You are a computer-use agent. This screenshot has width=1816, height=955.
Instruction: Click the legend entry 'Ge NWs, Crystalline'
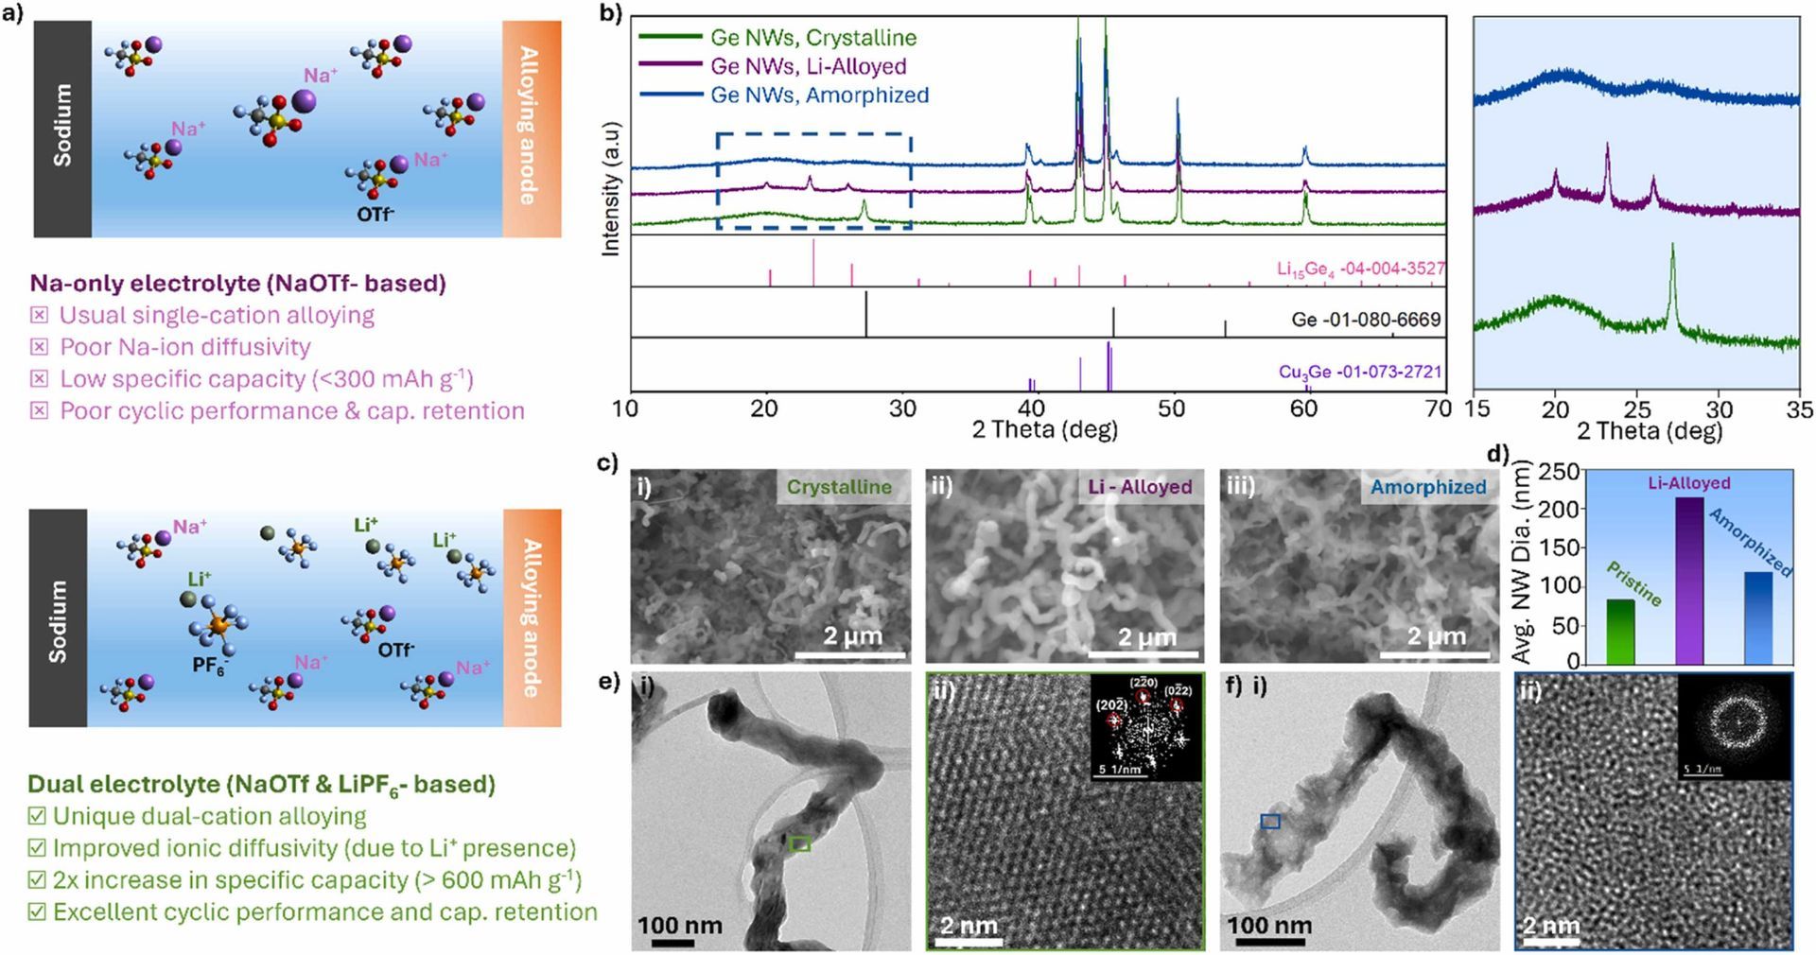(813, 38)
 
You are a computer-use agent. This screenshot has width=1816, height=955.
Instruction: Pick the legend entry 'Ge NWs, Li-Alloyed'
(808, 66)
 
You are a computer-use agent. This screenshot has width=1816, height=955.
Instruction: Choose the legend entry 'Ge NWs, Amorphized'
(819, 95)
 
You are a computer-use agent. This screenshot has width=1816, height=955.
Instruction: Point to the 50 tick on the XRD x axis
(1171, 408)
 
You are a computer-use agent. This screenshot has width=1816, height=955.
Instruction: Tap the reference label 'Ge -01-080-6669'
(1366, 320)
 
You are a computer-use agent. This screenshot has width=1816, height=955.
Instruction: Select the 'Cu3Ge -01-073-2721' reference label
(1360, 372)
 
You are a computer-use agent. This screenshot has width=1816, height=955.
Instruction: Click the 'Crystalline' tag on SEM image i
(839, 487)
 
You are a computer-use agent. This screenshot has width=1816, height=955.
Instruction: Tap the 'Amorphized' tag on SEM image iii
(1428, 487)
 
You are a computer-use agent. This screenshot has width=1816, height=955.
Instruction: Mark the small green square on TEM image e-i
(800, 843)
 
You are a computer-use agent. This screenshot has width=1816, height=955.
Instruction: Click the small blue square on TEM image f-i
(1270, 822)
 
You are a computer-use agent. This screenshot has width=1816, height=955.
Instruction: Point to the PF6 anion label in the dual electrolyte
(209, 666)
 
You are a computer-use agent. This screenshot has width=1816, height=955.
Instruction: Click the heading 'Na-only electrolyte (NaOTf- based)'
(237, 283)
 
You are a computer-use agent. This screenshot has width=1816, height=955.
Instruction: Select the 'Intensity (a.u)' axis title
(611, 188)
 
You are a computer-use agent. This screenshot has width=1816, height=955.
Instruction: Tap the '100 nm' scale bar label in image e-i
(679, 925)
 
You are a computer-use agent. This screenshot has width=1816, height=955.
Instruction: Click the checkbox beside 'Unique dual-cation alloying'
(37, 816)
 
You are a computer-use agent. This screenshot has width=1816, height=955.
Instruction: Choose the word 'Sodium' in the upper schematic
(62, 125)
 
